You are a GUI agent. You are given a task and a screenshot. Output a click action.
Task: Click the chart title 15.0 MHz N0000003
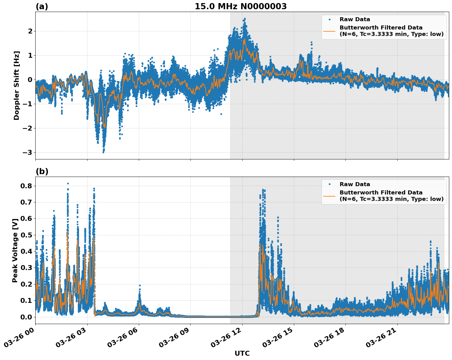[241, 6]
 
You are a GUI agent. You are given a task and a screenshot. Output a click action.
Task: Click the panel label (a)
[42, 6]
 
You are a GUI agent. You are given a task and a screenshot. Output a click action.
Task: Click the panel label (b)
[42, 171]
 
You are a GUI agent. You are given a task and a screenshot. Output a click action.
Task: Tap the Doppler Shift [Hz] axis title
[17, 85]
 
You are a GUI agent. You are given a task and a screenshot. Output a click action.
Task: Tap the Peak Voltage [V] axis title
[15, 250]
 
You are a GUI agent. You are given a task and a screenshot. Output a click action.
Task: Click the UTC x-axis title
[242, 354]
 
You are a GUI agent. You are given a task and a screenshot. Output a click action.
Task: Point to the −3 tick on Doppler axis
[28, 153]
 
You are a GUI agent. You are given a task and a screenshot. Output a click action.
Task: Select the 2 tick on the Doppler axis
[30, 31]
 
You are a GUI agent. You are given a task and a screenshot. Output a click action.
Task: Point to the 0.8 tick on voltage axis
[26, 186]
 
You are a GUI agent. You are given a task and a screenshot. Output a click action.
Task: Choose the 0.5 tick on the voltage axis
[26, 235]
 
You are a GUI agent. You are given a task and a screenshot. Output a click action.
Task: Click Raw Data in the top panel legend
[355, 20]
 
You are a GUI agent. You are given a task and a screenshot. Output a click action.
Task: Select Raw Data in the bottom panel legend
[355, 184]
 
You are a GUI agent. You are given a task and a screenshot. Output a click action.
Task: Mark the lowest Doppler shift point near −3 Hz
[103, 152]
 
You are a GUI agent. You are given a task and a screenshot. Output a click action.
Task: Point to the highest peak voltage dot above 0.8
[68, 183]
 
